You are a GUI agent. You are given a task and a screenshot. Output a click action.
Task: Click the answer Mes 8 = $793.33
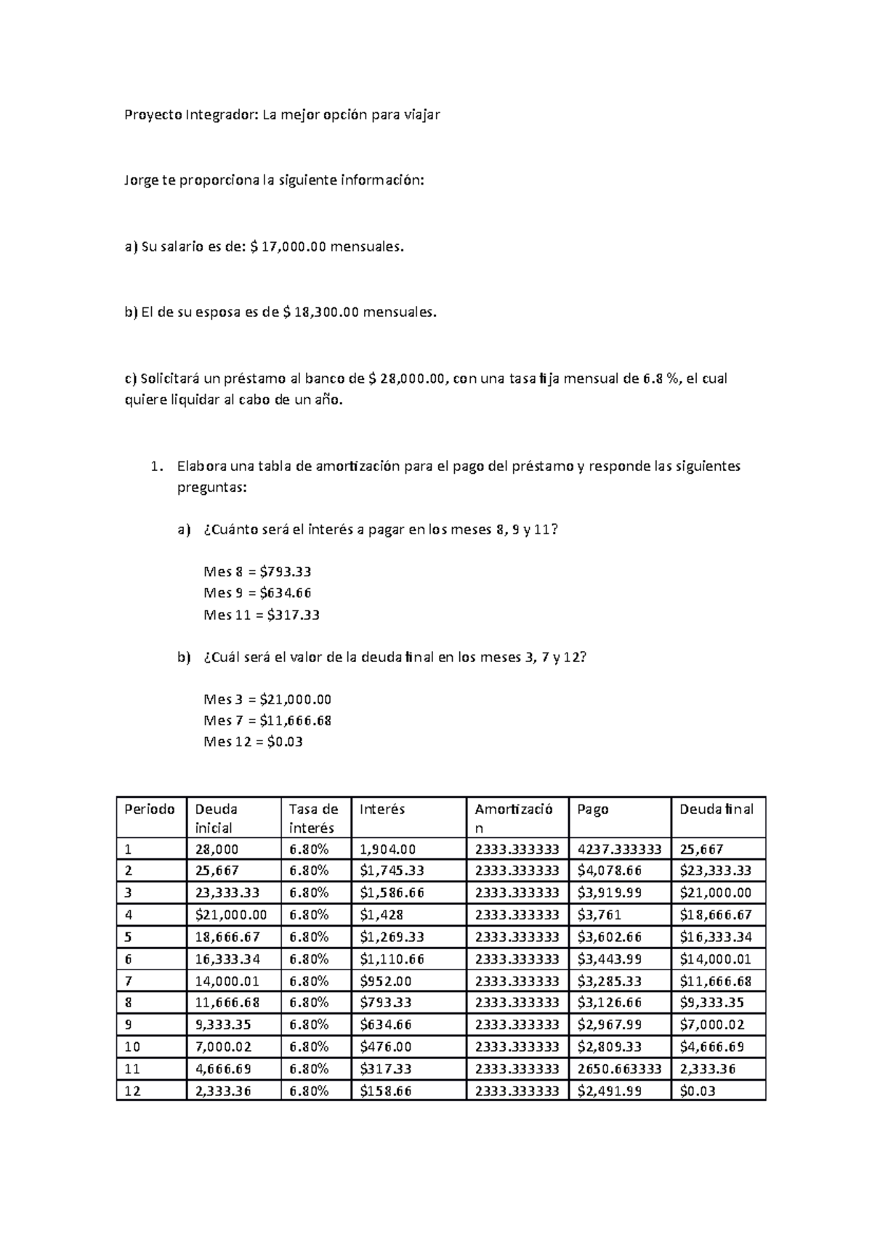[258, 572]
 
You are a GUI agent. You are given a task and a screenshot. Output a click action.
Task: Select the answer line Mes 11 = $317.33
[262, 615]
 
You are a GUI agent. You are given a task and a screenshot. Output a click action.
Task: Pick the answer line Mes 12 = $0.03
[253, 742]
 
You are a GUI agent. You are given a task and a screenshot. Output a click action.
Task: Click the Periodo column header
[150, 809]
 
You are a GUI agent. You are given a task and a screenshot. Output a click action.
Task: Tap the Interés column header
[381, 809]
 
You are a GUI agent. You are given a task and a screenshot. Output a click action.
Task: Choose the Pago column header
[593, 809]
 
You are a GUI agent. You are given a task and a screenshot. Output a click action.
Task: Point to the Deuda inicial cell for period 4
[231, 914]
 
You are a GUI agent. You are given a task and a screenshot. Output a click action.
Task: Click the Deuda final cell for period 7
[715, 981]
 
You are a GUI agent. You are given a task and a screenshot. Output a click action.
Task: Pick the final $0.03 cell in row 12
[698, 1091]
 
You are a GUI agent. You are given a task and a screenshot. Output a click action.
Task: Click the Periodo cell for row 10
[132, 1047]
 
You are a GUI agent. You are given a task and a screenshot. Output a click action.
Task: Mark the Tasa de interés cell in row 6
[309, 959]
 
